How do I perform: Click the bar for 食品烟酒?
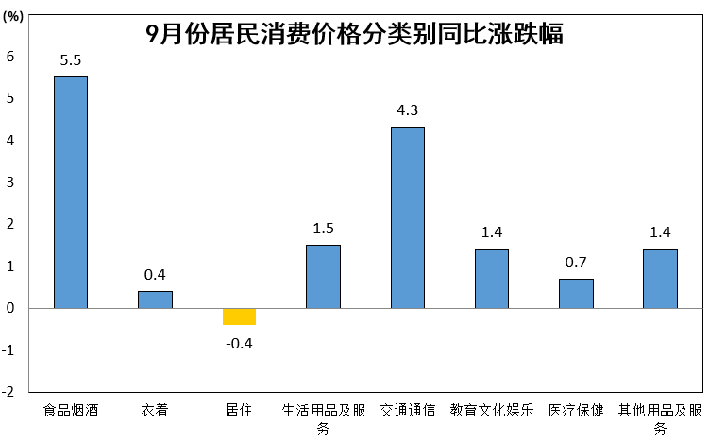71,192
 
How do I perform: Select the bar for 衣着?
155,299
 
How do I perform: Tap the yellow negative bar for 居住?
239,316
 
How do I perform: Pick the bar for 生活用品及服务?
323,276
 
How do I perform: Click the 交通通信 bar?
408,217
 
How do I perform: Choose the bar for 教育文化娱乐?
492,279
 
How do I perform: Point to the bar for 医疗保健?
576,293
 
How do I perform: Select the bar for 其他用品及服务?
660,279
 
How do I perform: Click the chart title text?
354,35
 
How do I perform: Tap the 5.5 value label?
71,60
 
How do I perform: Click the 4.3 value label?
408,111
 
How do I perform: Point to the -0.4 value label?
239,342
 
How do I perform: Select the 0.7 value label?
576,263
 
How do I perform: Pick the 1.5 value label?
323,229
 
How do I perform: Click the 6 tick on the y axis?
10,57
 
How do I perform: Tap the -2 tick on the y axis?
8,392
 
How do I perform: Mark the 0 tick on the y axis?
10,308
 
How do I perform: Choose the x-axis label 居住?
239,411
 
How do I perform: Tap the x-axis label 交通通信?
408,411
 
